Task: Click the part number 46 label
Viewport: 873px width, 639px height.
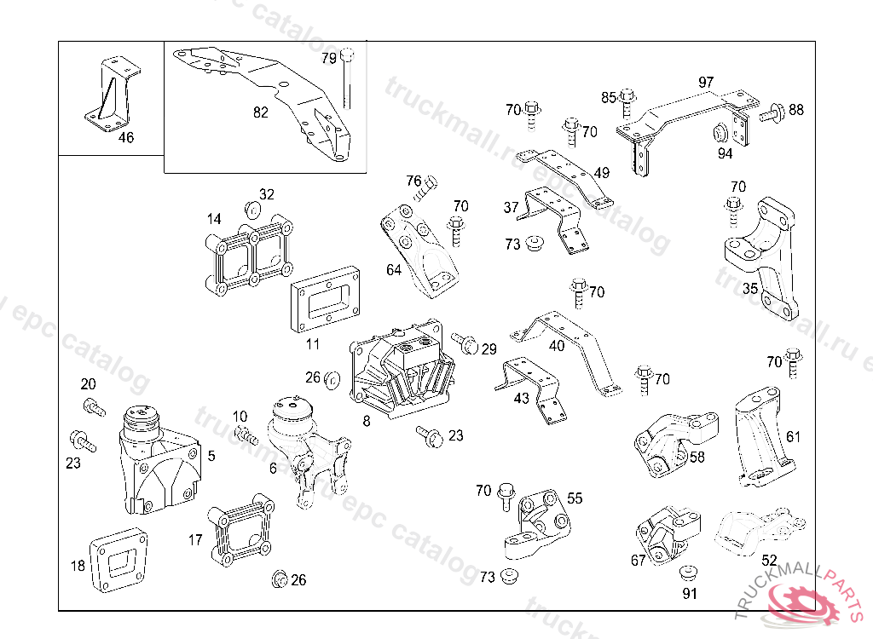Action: tap(125, 137)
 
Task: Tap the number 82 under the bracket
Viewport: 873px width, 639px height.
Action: tap(261, 112)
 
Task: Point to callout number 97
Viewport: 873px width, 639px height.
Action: tap(706, 83)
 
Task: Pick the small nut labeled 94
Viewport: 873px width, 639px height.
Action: tap(720, 133)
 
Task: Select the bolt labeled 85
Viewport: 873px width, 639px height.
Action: tap(627, 100)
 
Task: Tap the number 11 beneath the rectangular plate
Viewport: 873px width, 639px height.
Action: tap(313, 344)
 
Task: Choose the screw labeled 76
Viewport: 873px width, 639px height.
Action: tap(425, 187)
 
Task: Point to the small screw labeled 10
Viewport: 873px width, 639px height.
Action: tap(247, 435)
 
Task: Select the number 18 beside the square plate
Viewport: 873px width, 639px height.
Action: tap(78, 565)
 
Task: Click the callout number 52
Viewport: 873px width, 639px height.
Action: tap(769, 560)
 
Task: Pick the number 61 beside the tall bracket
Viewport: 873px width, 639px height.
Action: tap(794, 437)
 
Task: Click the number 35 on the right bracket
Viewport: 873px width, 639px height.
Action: tap(750, 288)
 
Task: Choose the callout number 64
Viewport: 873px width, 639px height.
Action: tap(393, 270)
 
